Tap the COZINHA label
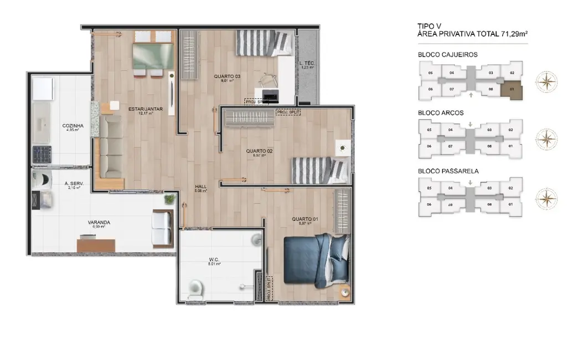(73, 126)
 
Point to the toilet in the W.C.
(195, 289)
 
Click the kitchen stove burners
(42, 154)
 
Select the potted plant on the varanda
(169, 198)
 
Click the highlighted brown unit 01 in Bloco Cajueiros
(512, 89)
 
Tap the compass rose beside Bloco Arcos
(546, 139)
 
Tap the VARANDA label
(99, 222)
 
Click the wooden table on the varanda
(96, 243)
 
